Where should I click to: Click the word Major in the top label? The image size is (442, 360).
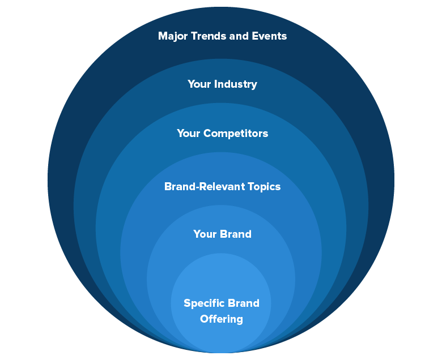pos(172,36)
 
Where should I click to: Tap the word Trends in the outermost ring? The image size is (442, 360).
pos(207,36)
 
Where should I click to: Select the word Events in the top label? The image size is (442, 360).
pos(269,36)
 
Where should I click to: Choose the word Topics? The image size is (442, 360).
pos(259,186)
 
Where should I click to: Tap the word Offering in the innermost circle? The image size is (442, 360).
pos(222,319)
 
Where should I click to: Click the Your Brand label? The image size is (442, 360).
pos(222,234)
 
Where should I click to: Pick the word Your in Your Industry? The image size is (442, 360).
pos(199,84)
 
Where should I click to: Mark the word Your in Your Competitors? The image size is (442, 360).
pos(189,134)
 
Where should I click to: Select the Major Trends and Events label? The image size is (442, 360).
pos(222,36)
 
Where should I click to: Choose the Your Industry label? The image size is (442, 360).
pos(222,84)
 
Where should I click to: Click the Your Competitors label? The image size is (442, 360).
pos(222,134)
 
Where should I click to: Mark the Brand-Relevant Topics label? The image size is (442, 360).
pos(222,186)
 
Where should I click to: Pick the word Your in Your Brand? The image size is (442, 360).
pos(205,234)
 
